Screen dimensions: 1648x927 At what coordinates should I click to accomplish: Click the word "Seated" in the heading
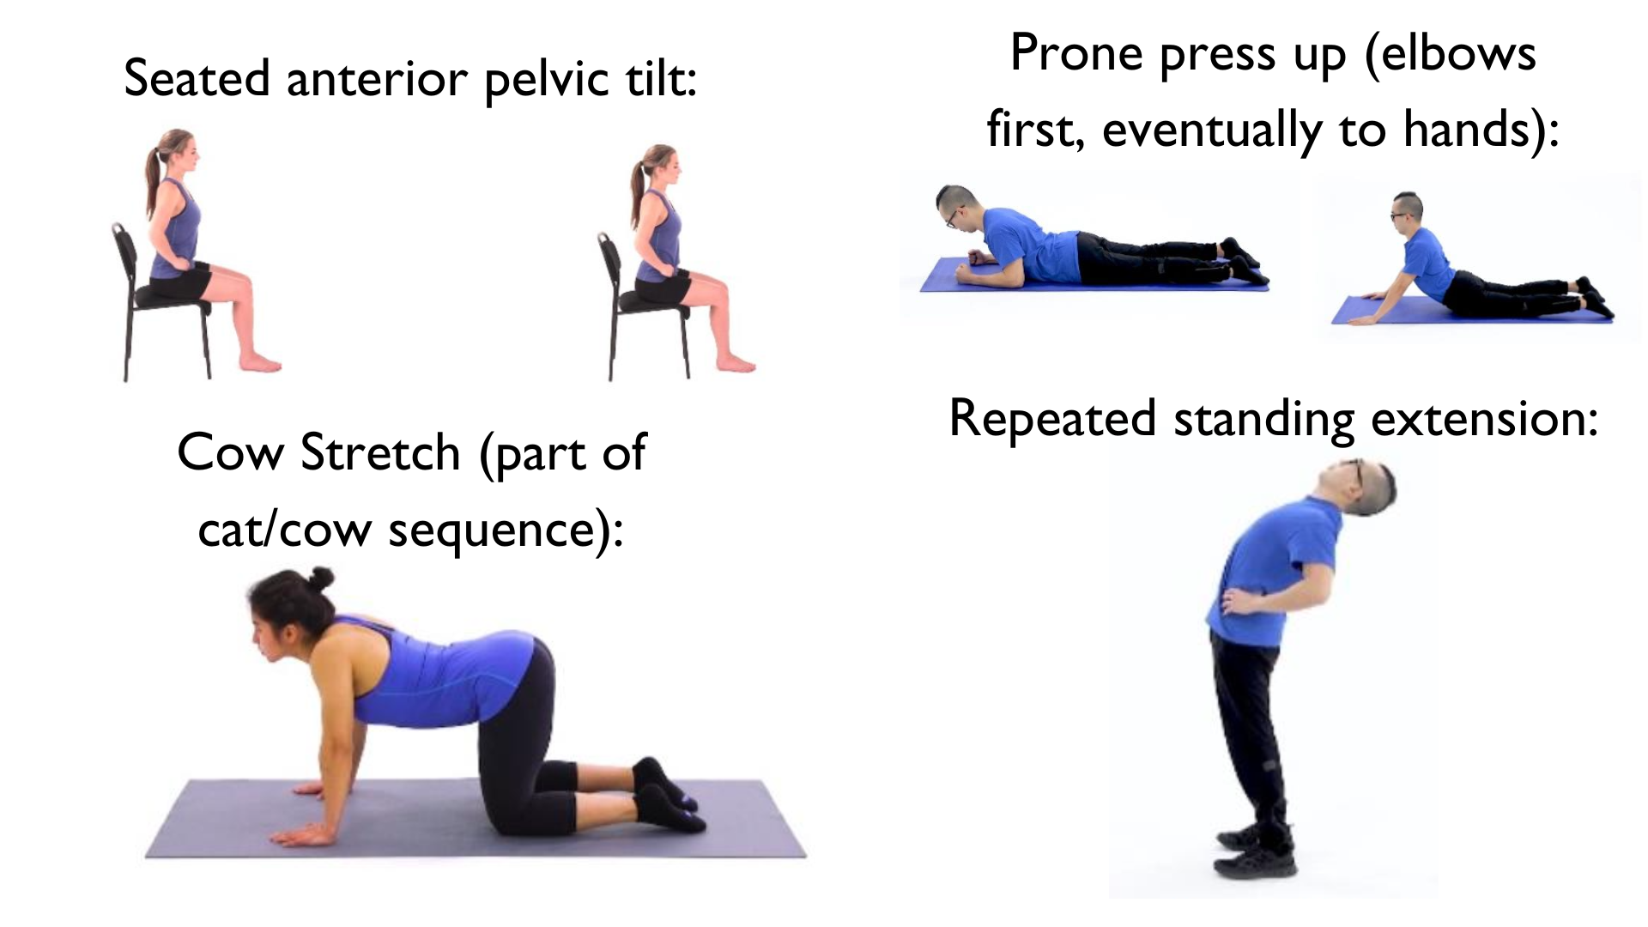click(198, 78)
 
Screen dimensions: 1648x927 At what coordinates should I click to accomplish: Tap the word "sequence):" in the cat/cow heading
click(506, 529)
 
